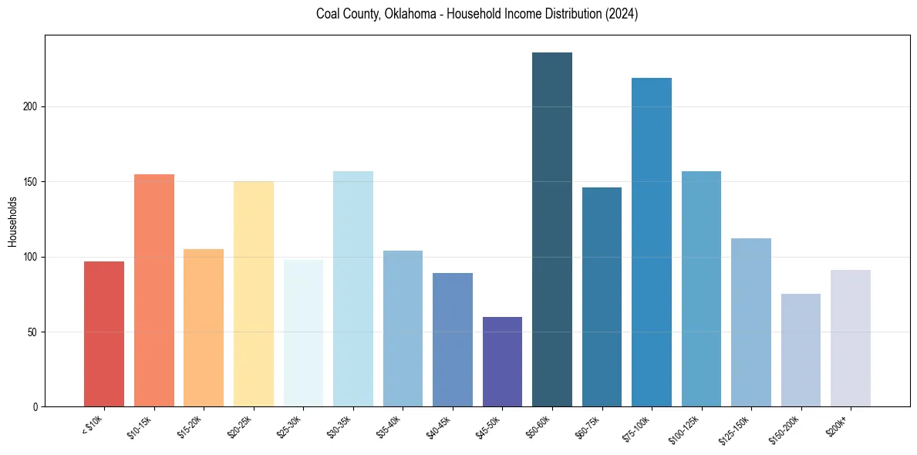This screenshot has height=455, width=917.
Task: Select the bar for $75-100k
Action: (652, 242)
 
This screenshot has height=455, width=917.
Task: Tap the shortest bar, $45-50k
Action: (502, 362)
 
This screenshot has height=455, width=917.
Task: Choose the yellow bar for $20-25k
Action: (254, 294)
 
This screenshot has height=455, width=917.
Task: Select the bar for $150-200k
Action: (801, 350)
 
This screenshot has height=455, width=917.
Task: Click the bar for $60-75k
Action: (602, 297)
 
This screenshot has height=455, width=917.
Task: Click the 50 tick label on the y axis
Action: (34, 332)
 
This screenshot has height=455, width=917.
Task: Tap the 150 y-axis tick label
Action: (32, 182)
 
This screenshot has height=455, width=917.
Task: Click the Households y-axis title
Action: (12, 221)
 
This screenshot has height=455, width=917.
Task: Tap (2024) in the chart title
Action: (621, 15)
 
